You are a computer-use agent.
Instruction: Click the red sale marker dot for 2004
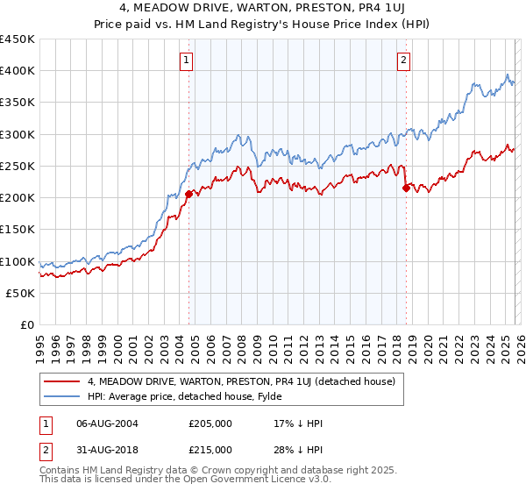click(188, 194)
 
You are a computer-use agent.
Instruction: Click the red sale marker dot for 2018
click(406, 188)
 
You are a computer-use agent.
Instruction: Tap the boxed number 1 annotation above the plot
click(188, 60)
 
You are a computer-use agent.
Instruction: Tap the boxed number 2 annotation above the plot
click(403, 60)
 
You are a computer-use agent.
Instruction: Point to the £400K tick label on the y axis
click(18, 71)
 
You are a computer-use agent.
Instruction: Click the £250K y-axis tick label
click(18, 166)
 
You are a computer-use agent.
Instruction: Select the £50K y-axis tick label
click(21, 293)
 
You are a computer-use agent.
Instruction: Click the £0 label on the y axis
click(28, 324)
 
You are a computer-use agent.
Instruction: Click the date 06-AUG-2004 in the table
click(107, 423)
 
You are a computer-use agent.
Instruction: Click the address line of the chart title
click(263, 9)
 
